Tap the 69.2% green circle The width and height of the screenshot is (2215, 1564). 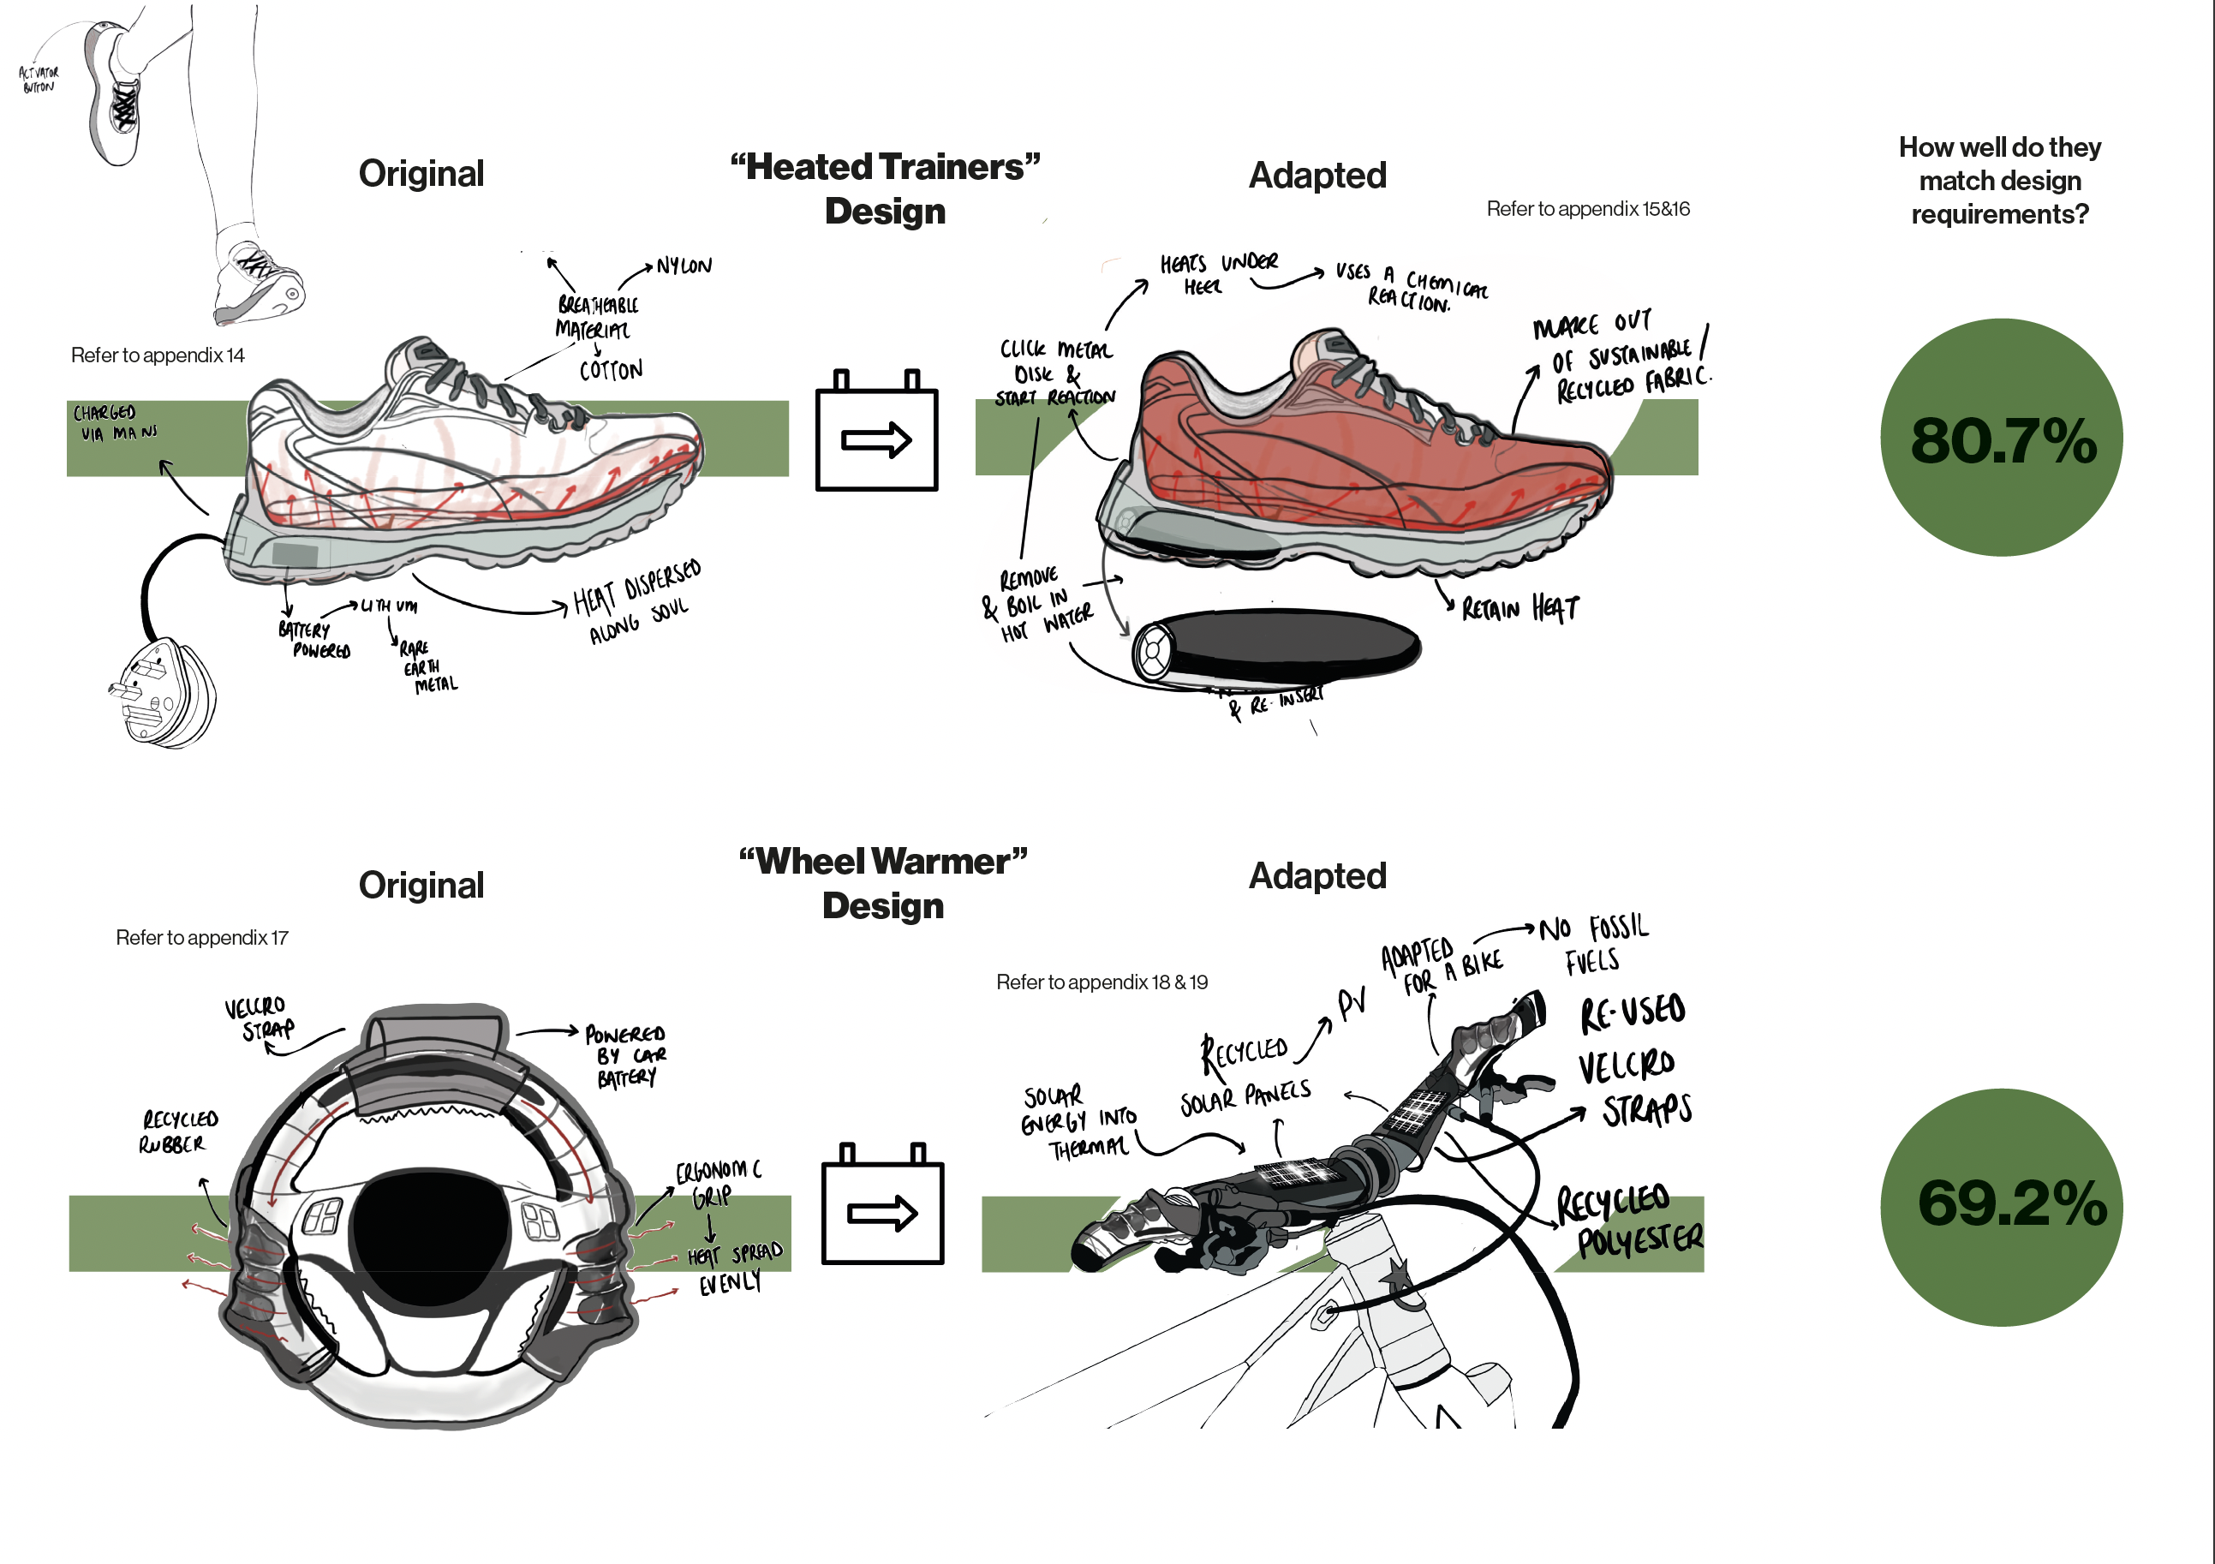[x=2001, y=1206]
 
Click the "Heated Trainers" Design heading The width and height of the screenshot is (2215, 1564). [x=885, y=189]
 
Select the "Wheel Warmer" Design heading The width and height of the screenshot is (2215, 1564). [x=883, y=883]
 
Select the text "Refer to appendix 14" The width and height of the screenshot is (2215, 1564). [x=158, y=355]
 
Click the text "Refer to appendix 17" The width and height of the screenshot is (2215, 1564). [x=201, y=937]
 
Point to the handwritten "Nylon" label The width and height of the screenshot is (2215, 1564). [x=684, y=266]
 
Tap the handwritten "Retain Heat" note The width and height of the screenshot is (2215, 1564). [x=1519, y=608]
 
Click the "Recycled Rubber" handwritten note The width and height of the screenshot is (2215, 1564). [x=178, y=1131]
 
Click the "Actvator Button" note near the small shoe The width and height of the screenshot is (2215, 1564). [x=39, y=79]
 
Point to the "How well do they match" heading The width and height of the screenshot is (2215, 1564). [x=2000, y=181]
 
